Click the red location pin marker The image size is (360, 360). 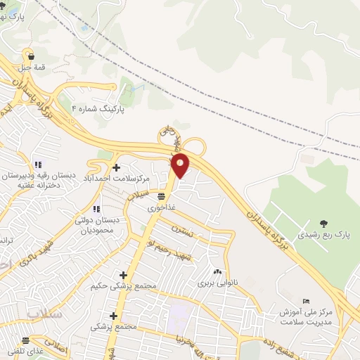point(181,165)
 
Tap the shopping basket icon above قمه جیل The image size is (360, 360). point(28,56)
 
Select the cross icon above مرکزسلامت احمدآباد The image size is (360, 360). point(116,167)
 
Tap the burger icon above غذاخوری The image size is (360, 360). point(162,197)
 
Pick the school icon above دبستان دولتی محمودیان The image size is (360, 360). point(96,208)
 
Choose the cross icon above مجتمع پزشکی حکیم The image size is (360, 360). point(124,275)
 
